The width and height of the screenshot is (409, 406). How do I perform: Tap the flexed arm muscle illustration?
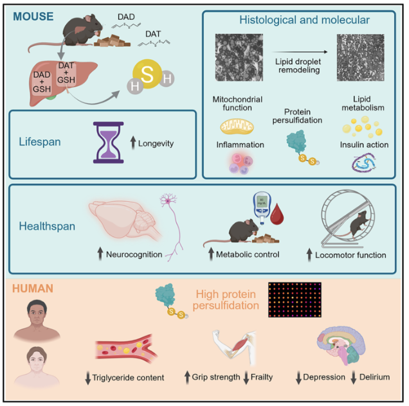(x=233, y=345)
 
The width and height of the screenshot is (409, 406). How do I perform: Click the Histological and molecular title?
(x=304, y=21)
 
